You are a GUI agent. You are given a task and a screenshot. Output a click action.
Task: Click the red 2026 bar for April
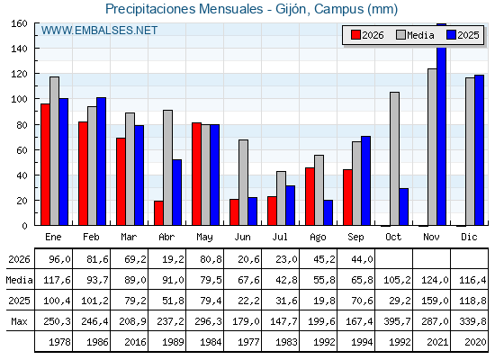point(158,213)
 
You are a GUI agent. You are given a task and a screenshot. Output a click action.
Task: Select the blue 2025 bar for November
point(442,124)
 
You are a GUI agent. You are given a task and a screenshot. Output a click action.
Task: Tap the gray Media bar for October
point(395,158)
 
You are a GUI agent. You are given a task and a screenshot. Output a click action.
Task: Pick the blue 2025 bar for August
point(328,212)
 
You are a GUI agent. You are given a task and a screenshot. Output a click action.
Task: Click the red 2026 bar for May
point(197,174)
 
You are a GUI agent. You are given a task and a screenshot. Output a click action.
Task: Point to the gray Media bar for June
point(244,183)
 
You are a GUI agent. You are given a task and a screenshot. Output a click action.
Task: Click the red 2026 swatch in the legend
point(355,35)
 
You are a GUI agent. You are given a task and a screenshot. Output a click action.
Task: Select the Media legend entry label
point(420,35)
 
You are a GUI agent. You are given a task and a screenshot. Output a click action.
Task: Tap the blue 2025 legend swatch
point(451,35)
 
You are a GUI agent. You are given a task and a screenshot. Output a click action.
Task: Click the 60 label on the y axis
point(22,150)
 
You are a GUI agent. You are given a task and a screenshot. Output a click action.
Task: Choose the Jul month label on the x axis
point(280,238)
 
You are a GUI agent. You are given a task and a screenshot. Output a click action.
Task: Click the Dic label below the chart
point(469,238)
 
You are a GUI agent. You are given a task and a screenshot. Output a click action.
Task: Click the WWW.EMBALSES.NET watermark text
point(99,31)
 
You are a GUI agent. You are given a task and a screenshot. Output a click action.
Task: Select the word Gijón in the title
point(292,9)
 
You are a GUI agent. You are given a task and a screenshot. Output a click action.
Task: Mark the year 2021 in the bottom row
point(437,342)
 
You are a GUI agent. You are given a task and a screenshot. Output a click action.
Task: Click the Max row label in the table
point(19,321)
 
